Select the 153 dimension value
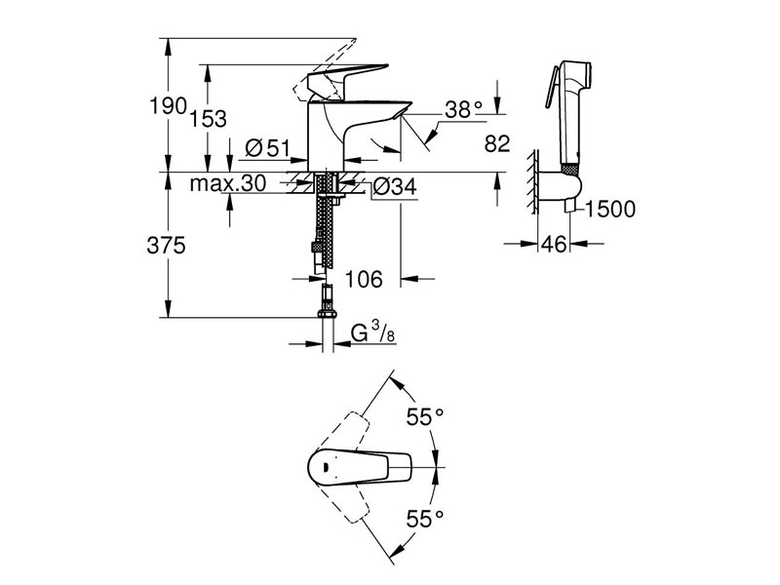pos(209,118)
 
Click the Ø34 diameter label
pos(394,183)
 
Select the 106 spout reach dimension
pos(363,280)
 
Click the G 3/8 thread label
pos(370,333)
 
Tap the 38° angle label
pos(464,110)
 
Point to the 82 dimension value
pos(497,144)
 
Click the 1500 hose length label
pos(612,209)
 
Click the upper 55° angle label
pos(425,417)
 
